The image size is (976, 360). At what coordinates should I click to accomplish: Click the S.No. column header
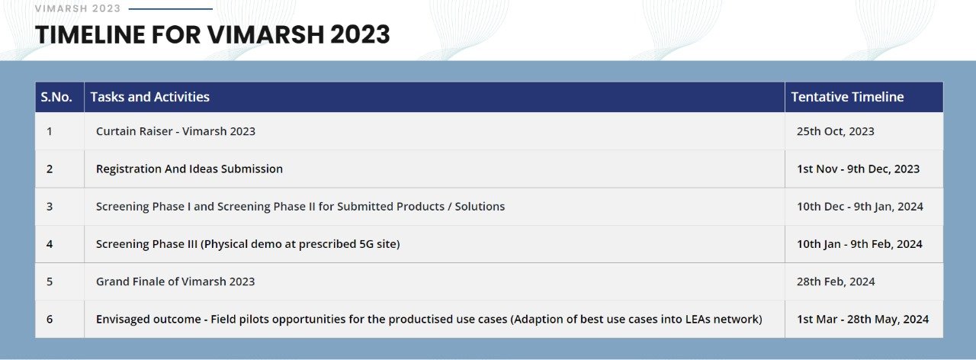pos(56,97)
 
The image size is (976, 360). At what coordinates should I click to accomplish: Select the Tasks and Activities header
pos(150,97)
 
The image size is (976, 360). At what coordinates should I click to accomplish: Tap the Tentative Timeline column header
pos(847,97)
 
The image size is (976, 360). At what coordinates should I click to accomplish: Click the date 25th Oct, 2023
pos(835,131)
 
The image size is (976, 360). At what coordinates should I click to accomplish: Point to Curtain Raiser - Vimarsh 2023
pos(175,131)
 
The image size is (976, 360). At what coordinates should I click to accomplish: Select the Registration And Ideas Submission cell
pos(189,169)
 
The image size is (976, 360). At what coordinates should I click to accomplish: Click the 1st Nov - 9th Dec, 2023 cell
pos(858,169)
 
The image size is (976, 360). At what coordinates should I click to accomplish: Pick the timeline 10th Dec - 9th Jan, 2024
pos(859,207)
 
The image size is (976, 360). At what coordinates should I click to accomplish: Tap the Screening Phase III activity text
pos(248,244)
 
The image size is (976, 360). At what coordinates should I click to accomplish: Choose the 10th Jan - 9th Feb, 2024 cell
pos(859,244)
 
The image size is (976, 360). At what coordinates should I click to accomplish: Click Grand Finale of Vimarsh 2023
pos(175,281)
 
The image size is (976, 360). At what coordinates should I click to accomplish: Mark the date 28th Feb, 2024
pos(836,281)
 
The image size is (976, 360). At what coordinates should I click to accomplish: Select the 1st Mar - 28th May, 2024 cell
pos(862,319)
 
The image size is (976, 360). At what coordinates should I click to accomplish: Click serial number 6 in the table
pos(50,319)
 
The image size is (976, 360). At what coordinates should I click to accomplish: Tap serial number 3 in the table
pos(50,207)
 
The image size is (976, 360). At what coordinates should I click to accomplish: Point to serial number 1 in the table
pos(50,131)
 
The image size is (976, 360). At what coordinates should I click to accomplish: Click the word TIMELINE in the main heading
pos(90,34)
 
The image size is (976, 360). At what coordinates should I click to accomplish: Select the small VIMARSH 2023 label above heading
pos(78,8)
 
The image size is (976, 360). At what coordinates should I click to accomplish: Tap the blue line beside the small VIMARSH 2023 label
pos(171,8)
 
